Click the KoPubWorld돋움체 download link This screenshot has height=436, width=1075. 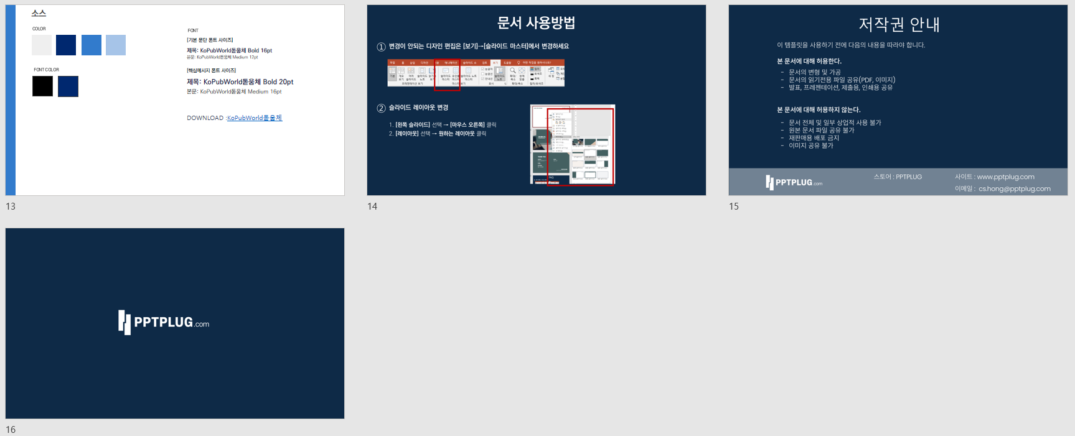(254, 118)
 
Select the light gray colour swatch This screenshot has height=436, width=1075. (42, 45)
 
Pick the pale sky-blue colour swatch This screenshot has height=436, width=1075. (116, 45)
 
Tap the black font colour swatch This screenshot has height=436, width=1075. (42, 86)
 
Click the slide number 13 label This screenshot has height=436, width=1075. (11, 206)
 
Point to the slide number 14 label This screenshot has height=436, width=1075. (372, 206)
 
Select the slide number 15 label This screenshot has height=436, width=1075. (734, 206)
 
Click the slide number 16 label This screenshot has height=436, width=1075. (11, 429)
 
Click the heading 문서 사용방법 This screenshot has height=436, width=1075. (536, 23)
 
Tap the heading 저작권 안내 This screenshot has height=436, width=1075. (899, 24)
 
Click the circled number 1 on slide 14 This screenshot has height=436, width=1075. (381, 47)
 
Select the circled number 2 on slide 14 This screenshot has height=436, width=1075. (381, 108)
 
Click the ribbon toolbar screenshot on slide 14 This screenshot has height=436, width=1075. (476, 73)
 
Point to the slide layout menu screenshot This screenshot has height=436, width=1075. (572, 144)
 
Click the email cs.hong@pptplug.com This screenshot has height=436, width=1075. (1014, 189)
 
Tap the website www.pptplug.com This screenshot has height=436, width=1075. (1005, 177)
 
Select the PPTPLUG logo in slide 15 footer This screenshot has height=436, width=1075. (794, 182)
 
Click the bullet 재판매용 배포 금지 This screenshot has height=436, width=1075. (814, 138)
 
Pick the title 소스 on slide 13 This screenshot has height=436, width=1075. (39, 13)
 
